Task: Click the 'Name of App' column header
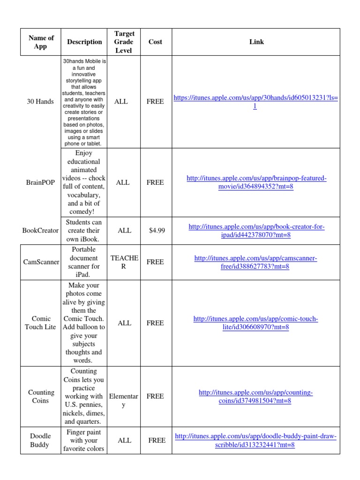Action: point(41,42)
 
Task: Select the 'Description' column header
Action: point(84,42)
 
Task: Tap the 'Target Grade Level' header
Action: point(124,42)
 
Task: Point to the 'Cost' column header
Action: point(155,42)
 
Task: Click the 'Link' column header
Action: point(256,42)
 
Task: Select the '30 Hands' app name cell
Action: point(41,101)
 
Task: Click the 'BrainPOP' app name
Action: point(41,182)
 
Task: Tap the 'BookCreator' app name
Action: point(41,230)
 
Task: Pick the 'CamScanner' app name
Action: point(41,262)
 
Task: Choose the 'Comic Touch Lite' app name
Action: point(41,323)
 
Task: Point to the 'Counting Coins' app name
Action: point(41,396)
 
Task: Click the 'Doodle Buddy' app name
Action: point(41,440)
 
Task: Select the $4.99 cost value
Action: point(157,230)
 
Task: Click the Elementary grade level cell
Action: point(124,400)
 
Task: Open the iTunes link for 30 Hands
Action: point(255,102)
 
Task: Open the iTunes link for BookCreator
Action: point(256,231)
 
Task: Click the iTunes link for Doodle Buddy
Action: point(255,441)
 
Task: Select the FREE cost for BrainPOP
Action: point(155,182)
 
